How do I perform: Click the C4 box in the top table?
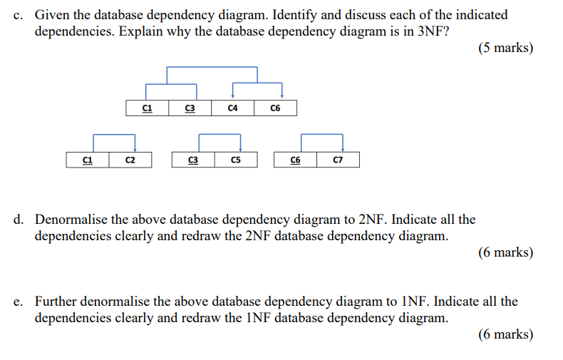pyautogui.click(x=232, y=108)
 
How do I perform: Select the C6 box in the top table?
pyautogui.click(x=275, y=108)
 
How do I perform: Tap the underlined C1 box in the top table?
pyautogui.click(x=147, y=108)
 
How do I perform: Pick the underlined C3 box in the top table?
pyautogui.click(x=190, y=108)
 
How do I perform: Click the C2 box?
pyautogui.click(x=130, y=160)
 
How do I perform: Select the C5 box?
pyautogui.click(x=235, y=160)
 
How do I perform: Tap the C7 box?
pyautogui.click(x=338, y=160)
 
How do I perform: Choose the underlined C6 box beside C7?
pyautogui.click(x=295, y=160)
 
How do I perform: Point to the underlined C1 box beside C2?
pyautogui.click(x=87, y=160)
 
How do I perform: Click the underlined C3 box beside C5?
pyautogui.click(x=192, y=160)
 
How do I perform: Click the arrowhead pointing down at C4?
pyautogui.click(x=233, y=96)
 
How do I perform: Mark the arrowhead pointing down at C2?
pyautogui.click(x=135, y=148)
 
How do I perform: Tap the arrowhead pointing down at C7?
pyautogui.click(x=343, y=148)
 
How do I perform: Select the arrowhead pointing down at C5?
pyautogui.click(x=240, y=148)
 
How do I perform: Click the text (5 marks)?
pyautogui.click(x=507, y=48)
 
